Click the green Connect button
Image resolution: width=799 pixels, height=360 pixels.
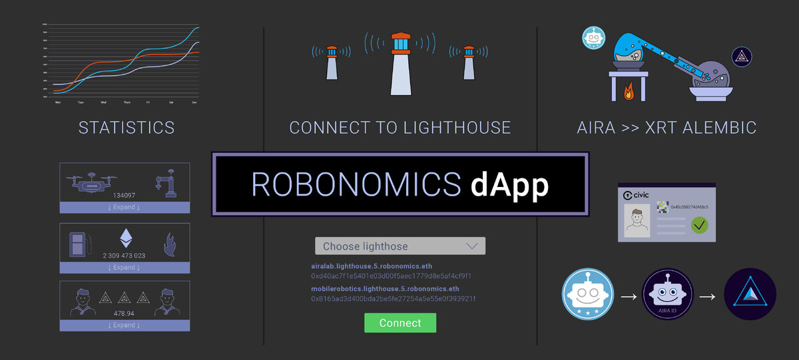[400, 323]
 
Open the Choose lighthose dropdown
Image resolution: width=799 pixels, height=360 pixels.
[400, 246]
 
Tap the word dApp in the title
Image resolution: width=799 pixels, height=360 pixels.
[509, 184]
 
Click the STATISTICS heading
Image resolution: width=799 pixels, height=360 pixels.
[127, 128]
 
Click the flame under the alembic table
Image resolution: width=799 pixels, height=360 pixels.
[629, 91]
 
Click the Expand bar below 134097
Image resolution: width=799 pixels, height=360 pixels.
[125, 208]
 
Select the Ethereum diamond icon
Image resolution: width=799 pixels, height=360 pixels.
[125, 238]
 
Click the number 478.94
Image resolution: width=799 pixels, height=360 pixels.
[125, 313]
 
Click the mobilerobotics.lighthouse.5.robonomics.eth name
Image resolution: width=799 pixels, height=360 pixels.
[385, 289]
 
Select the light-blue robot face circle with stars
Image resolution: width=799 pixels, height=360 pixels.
[587, 293]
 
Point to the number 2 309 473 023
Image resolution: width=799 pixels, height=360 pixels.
[125, 256]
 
